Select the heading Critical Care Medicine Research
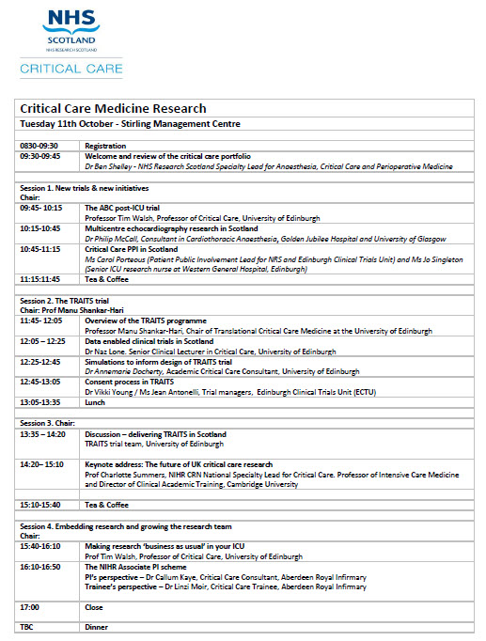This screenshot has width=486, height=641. pyautogui.click(x=113, y=109)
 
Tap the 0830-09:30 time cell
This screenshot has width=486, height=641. pyautogui.click(x=40, y=146)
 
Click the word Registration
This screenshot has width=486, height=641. pyautogui.click(x=104, y=146)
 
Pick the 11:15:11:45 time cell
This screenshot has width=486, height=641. pyautogui.click(x=41, y=279)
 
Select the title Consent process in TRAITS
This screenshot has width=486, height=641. pyautogui.click(x=134, y=382)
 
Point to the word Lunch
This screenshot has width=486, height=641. pyautogui.click(x=95, y=401)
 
